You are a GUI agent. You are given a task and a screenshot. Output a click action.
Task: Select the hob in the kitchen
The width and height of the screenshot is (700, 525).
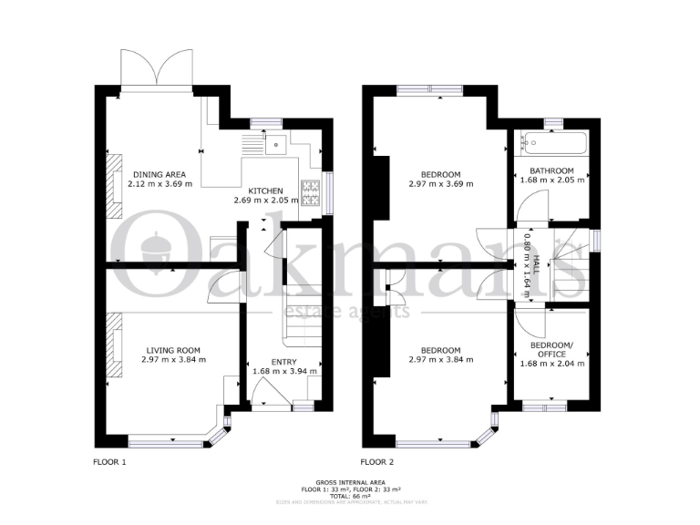[311, 191]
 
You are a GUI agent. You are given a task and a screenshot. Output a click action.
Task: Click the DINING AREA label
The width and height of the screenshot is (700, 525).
[159, 175]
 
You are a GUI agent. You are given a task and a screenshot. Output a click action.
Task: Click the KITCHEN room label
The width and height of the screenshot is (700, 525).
[265, 190]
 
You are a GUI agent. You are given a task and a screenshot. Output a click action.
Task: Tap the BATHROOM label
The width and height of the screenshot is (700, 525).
[551, 170]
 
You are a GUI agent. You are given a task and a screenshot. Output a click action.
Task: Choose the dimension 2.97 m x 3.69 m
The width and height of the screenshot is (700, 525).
[440, 185]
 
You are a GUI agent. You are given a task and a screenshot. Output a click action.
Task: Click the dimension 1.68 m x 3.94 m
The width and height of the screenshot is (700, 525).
[284, 371]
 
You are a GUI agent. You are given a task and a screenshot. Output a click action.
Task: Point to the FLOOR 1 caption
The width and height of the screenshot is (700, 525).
[109, 462]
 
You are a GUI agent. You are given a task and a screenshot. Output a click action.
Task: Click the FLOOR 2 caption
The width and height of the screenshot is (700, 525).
[377, 462]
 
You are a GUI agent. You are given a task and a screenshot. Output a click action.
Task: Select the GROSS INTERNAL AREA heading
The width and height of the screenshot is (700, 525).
[350, 481]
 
